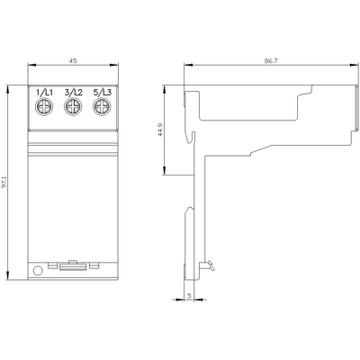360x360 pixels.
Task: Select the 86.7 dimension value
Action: click(271, 59)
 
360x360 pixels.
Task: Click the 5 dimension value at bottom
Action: click(190, 295)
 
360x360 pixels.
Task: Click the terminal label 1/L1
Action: click(44, 94)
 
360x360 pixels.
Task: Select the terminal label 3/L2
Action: click(73, 94)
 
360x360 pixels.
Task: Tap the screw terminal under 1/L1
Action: click(44, 108)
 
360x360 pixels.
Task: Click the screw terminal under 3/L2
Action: click(73, 108)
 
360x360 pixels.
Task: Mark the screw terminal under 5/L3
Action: click(102, 108)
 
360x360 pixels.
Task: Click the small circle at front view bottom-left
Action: click(38, 270)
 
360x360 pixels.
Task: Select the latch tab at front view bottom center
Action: click(74, 267)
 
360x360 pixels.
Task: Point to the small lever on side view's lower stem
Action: click(210, 264)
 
